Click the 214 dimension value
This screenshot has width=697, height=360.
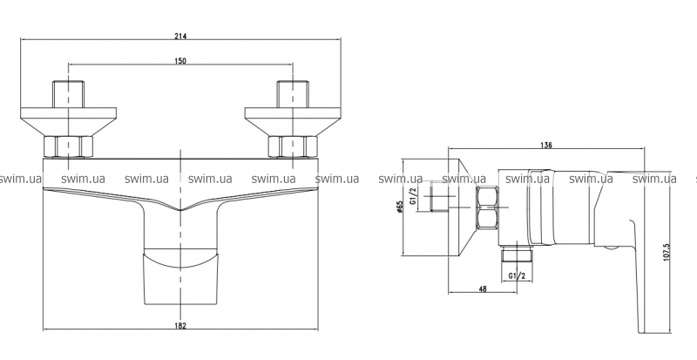[180, 37]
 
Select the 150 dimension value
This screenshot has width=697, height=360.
[180, 61]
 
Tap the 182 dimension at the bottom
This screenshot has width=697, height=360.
[180, 326]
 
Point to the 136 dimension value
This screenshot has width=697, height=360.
[546, 145]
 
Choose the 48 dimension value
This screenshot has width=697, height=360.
[483, 289]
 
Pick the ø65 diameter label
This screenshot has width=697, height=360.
[399, 207]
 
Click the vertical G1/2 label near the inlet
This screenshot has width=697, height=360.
[412, 196]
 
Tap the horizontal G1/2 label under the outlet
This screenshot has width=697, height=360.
[517, 276]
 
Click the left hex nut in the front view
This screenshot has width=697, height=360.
[68, 146]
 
